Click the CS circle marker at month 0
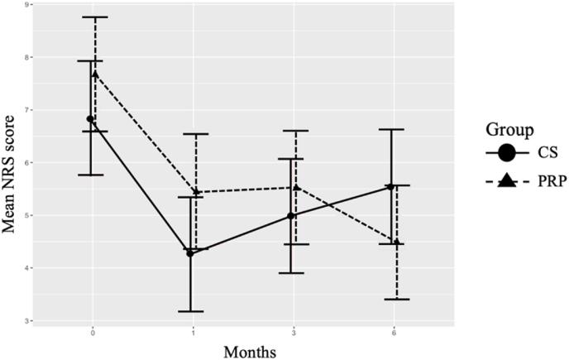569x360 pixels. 90,119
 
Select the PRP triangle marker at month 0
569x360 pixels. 95,74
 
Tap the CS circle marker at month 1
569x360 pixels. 191,253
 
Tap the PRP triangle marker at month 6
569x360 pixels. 397,242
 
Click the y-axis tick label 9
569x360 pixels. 29,5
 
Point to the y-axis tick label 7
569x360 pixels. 29,110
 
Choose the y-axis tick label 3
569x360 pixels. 29,321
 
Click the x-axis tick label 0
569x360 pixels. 93,331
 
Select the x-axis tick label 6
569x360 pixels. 394,331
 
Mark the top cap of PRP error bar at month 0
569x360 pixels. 95,17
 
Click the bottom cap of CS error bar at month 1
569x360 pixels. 191,311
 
